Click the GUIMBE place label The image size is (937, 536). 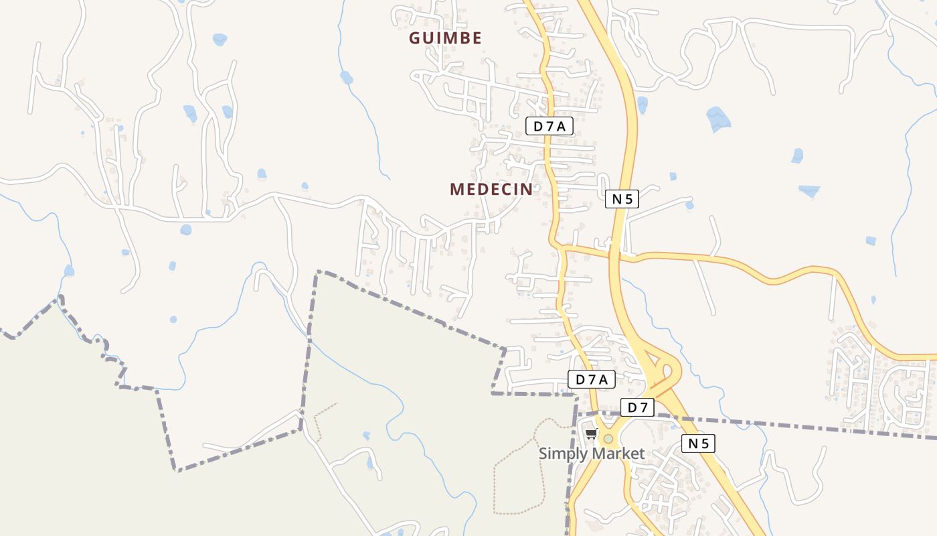click(x=445, y=38)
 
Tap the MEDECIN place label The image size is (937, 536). click(x=491, y=190)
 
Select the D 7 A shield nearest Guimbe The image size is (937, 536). click(x=549, y=126)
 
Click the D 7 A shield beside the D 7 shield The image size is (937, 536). click(x=591, y=379)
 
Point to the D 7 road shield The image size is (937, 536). click(x=636, y=407)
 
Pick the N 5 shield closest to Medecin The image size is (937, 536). click(x=622, y=198)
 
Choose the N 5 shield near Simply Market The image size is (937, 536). click(x=698, y=443)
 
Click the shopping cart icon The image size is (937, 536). click(x=591, y=434)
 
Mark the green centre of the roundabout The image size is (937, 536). click(x=608, y=439)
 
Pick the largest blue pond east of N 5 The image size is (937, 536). click(x=718, y=119)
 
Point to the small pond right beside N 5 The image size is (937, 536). click(x=643, y=105)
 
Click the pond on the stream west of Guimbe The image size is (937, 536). click(x=346, y=77)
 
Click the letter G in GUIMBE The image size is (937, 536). click(x=415, y=38)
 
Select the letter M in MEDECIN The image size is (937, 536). click(x=456, y=190)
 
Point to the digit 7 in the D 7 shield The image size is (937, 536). click(x=643, y=407)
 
